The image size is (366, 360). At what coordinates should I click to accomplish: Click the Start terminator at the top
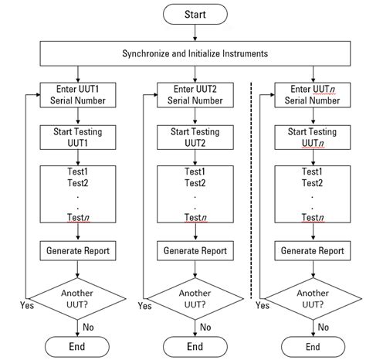[x=195, y=15]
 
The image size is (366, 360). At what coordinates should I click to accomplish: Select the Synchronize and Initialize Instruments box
[x=195, y=53]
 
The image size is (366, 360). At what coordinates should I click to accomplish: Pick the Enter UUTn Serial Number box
[x=312, y=94]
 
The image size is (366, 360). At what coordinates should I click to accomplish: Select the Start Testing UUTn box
[x=312, y=137]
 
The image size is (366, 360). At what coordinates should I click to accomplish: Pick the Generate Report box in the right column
[x=312, y=250]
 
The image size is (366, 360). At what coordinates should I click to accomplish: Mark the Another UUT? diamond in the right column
[x=312, y=299]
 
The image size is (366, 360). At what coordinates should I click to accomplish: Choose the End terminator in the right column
[x=312, y=345]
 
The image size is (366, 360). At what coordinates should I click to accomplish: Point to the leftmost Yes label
[x=26, y=306]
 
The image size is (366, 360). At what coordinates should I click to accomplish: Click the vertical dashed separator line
[x=251, y=193]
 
